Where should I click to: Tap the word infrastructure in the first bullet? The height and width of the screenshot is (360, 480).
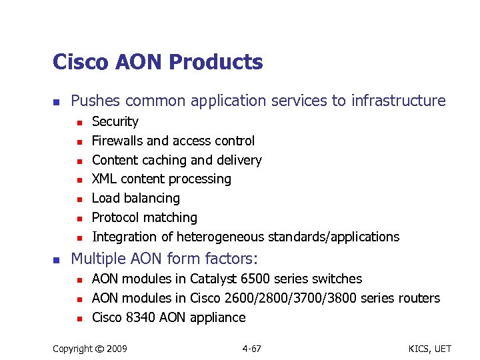[x=399, y=101]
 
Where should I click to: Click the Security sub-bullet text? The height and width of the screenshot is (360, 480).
[x=115, y=122]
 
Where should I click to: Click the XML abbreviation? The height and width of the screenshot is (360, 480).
[x=103, y=179]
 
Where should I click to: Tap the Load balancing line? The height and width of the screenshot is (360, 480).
[x=135, y=198]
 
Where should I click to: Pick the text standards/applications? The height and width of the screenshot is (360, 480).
[x=333, y=237]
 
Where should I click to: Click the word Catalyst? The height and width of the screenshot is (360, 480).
[x=210, y=279]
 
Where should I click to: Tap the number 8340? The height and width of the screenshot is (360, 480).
[x=140, y=317]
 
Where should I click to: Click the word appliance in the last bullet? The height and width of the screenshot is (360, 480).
[x=218, y=318]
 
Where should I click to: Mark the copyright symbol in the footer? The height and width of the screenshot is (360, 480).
[x=98, y=349]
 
